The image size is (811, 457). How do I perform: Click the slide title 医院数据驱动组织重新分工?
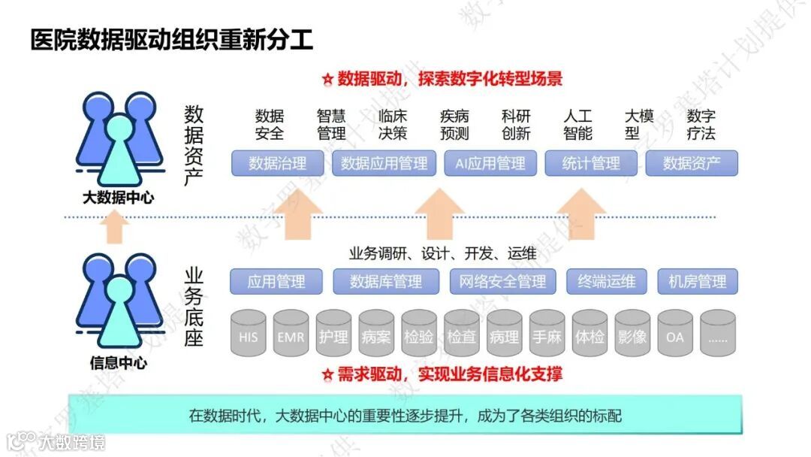point(172,39)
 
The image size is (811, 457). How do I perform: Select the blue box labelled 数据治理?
point(278,163)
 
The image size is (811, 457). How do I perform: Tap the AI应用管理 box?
point(490,163)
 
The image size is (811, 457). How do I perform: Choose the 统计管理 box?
point(591,163)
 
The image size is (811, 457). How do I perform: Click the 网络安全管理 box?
point(498,282)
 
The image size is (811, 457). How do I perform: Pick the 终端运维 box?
point(607,282)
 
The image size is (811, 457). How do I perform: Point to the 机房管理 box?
point(698,282)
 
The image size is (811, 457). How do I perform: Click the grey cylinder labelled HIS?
point(249,336)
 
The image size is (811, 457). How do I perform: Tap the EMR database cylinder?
point(291,336)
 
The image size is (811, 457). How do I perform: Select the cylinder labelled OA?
point(675,336)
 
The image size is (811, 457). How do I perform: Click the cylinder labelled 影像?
point(632,336)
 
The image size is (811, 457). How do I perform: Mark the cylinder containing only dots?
point(718,336)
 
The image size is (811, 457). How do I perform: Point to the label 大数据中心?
point(118,198)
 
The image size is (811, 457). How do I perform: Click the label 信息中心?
point(118,365)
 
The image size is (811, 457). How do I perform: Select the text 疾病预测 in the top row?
point(454,125)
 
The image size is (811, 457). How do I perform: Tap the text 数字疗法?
point(701,125)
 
